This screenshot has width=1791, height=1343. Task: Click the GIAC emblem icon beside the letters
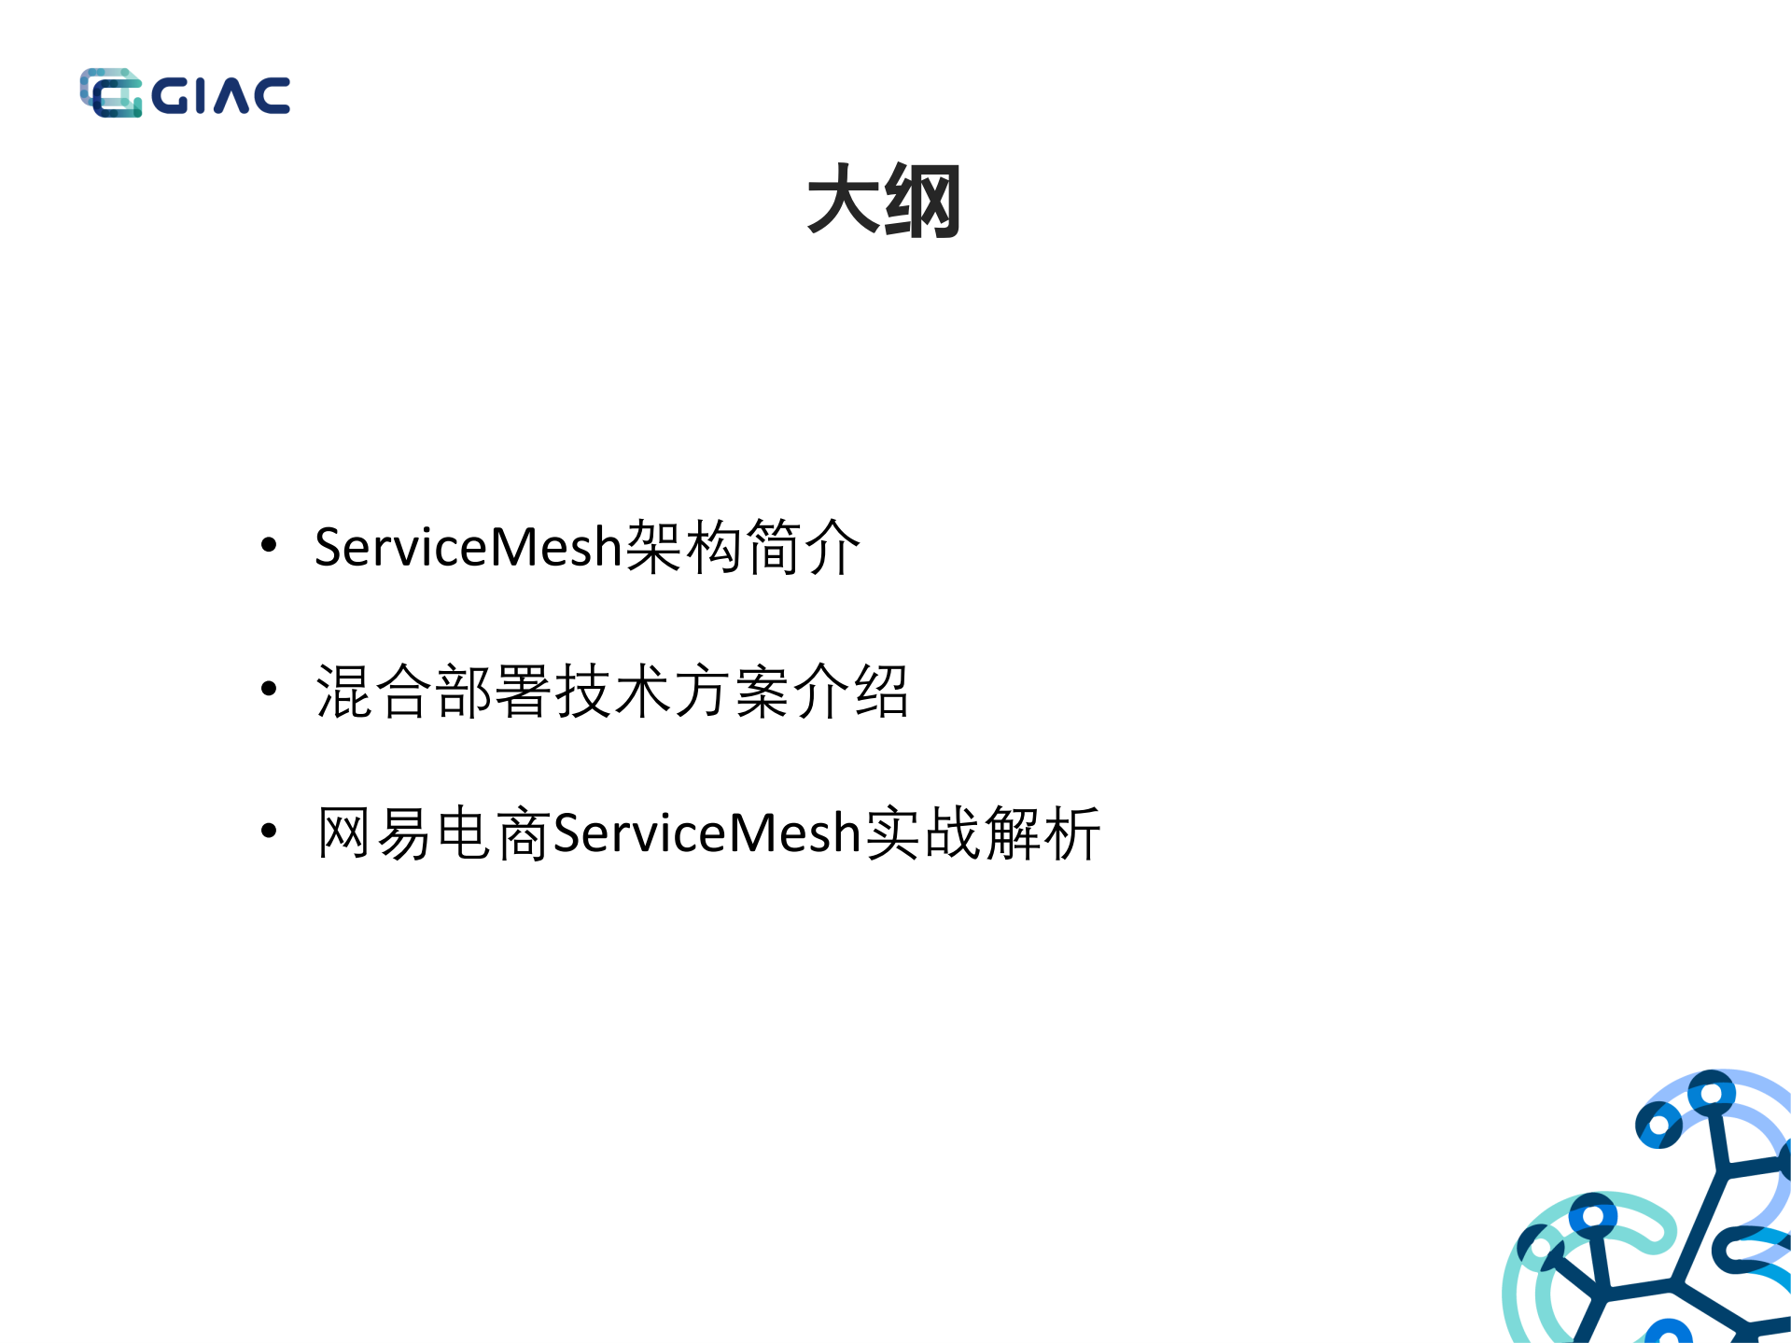pyautogui.click(x=111, y=93)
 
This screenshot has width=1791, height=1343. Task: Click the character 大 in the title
pyautogui.click(x=844, y=200)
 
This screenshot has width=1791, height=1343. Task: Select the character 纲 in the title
pyautogui.click(x=922, y=200)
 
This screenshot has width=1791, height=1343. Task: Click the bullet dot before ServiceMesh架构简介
pyautogui.click(x=269, y=545)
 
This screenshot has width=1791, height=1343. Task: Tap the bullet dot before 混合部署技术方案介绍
pyautogui.click(x=269, y=689)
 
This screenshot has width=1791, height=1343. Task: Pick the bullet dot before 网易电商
pyautogui.click(x=269, y=831)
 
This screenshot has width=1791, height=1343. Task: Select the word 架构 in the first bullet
pyautogui.click(x=683, y=547)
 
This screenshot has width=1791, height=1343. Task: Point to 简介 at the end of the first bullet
pyautogui.click(x=803, y=547)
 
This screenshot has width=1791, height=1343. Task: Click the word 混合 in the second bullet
pyautogui.click(x=375, y=692)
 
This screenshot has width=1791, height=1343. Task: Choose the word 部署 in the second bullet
pyautogui.click(x=495, y=692)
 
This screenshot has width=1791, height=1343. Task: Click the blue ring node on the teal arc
pyautogui.click(x=1592, y=1216)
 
